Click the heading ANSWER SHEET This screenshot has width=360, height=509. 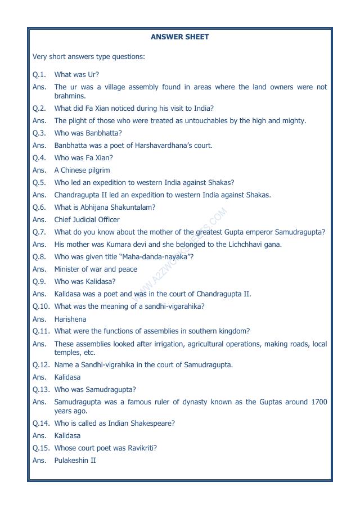click(x=179, y=37)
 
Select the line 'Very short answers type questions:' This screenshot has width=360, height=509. click(x=88, y=57)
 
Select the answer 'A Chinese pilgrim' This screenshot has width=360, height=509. click(x=82, y=170)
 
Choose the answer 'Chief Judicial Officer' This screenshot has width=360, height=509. click(x=87, y=220)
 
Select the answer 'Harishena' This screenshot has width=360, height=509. click(x=70, y=319)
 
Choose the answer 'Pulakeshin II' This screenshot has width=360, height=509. click(x=75, y=461)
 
